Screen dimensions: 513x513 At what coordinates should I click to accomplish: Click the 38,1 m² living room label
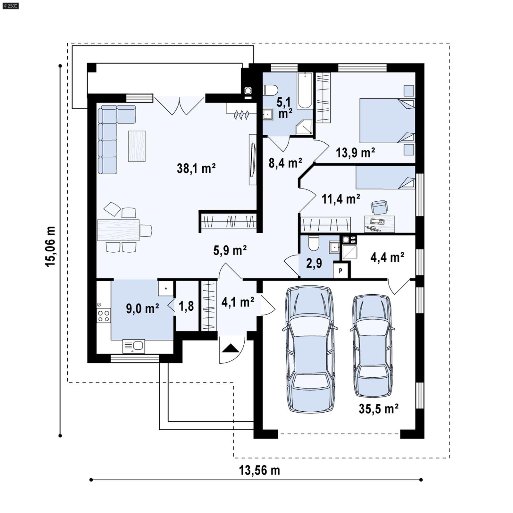coord(196,168)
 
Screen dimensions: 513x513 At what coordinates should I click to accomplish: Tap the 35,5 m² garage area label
coord(378,409)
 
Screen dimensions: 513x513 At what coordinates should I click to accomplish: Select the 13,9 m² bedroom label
coord(355,152)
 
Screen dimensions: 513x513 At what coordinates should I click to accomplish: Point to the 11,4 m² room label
coord(341,199)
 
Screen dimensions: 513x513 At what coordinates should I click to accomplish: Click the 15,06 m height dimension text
coord(50,246)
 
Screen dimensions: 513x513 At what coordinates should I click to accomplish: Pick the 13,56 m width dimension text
coord(259,470)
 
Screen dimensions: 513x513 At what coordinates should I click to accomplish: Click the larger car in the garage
coord(310,349)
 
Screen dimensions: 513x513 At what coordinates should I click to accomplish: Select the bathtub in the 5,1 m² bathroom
coord(304,91)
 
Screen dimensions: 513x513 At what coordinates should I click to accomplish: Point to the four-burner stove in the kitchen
coord(104,315)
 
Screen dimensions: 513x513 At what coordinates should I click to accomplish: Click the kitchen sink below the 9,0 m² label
coord(134,346)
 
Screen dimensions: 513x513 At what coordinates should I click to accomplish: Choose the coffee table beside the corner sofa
coord(137,146)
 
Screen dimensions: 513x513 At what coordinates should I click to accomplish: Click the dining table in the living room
coord(118,230)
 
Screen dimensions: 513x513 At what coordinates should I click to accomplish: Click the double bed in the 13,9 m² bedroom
coord(386,120)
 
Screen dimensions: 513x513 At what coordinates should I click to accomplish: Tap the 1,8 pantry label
coord(186,306)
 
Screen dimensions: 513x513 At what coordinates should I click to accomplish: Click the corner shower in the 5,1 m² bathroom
coord(304,127)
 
